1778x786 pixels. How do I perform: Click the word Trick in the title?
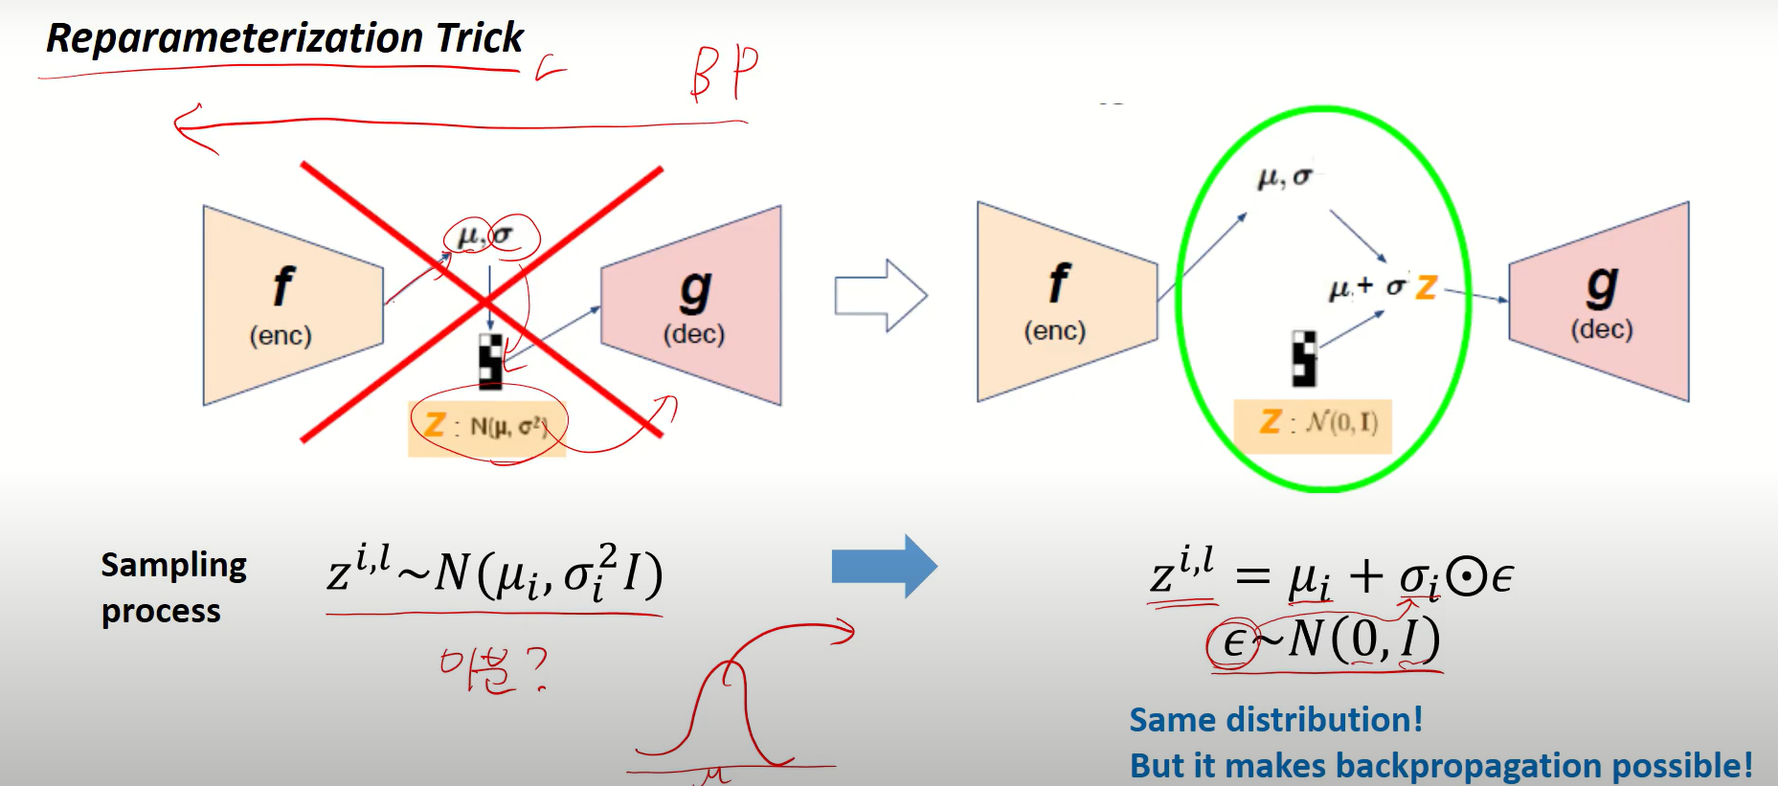480,37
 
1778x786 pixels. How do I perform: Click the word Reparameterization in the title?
235,38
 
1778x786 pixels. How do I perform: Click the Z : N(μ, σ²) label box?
486,427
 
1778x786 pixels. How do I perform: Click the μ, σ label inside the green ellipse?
1284,177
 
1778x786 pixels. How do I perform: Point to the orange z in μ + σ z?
1426,286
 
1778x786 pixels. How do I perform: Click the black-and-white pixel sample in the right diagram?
1304,359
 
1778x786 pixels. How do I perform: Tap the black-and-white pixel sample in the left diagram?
490,361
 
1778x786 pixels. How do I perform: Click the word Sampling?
173,566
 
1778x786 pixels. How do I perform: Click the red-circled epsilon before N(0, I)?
1233,642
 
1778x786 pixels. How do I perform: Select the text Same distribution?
1275,719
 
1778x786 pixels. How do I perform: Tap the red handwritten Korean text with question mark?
493,668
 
